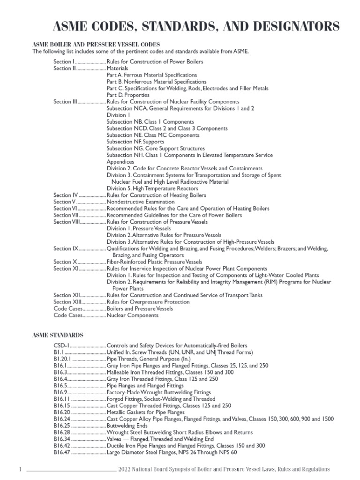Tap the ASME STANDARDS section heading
click(58, 335)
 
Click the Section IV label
click(66, 195)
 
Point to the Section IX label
click(66, 248)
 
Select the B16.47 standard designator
click(62, 452)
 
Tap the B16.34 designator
click(62, 439)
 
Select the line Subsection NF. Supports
click(135, 142)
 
